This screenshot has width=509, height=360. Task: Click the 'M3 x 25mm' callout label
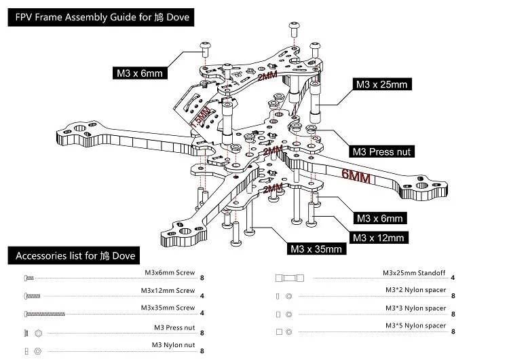click(381, 84)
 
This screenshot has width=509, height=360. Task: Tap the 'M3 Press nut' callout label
click(381, 151)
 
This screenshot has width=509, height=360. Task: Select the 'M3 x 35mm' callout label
click(316, 249)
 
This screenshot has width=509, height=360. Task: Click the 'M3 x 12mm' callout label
click(379, 238)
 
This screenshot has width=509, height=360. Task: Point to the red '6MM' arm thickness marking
click(356, 176)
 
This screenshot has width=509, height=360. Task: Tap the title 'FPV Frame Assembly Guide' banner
click(101, 17)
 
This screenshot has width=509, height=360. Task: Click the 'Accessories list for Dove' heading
click(74, 255)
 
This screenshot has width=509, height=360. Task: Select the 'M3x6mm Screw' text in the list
click(170, 272)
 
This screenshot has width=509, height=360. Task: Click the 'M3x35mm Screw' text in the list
click(168, 308)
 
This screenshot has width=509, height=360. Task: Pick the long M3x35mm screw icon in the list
click(45, 314)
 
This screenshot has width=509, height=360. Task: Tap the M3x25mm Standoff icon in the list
click(290, 278)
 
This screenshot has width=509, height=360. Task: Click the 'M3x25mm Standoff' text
click(414, 273)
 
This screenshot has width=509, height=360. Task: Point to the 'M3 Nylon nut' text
click(173, 345)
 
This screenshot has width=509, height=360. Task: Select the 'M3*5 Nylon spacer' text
click(416, 325)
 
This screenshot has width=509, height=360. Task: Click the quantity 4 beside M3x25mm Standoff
click(453, 278)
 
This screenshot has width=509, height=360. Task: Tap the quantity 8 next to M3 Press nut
click(202, 333)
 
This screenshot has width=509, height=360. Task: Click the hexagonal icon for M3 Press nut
click(38, 334)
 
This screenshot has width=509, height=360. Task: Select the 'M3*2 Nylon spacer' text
click(416, 290)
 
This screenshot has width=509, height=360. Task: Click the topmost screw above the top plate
click(294, 29)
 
